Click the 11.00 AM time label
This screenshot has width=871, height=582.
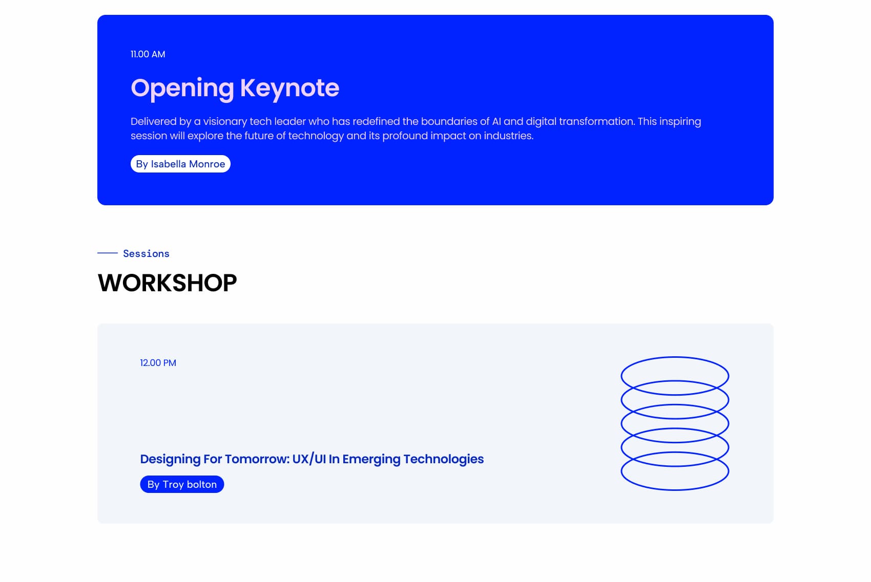pyautogui.click(x=148, y=54)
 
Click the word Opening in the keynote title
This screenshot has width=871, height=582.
pyautogui.click(x=182, y=89)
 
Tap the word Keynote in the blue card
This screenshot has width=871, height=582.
pyautogui.click(x=289, y=88)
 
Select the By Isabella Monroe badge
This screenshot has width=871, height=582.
pyautogui.click(x=180, y=164)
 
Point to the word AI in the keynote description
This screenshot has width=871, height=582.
pyautogui.click(x=496, y=122)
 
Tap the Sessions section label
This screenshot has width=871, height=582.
pyautogui.click(x=146, y=254)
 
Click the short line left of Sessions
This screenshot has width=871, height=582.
pyautogui.click(x=107, y=253)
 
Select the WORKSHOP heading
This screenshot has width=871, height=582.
pyautogui.click(x=167, y=283)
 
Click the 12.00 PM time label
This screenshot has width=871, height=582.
pyautogui.click(x=158, y=363)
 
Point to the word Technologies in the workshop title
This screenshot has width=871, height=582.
pyautogui.click(x=444, y=460)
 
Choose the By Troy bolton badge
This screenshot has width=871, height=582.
pyautogui.click(x=182, y=484)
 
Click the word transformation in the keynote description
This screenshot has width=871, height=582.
pyautogui.click(x=597, y=122)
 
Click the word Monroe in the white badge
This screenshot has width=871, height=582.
pyautogui.click(x=207, y=164)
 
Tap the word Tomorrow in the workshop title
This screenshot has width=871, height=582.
pyautogui.click(x=258, y=459)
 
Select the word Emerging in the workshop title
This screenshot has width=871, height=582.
pyautogui.click(x=371, y=460)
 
